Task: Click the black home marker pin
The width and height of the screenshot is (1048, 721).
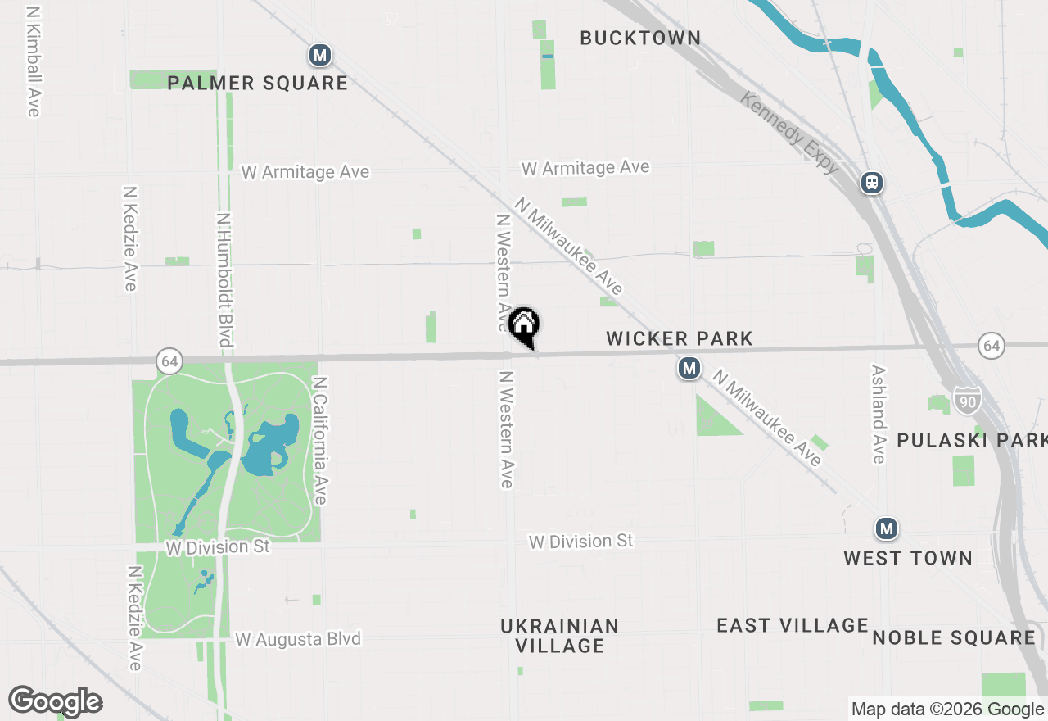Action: [524, 326]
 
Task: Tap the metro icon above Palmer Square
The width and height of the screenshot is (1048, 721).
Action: [320, 57]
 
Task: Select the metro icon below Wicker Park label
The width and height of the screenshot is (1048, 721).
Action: [689, 369]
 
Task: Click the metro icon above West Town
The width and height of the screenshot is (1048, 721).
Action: [886, 528]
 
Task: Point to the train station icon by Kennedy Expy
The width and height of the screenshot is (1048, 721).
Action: [872, 182]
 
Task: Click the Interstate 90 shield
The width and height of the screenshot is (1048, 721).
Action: [966, 401]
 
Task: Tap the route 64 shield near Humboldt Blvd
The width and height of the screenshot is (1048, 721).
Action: [169, 360]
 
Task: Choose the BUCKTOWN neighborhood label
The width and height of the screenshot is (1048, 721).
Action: [640, 38]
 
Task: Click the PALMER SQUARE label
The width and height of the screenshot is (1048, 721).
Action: [258, 83]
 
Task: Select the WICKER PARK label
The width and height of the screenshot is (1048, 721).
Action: [680, 338]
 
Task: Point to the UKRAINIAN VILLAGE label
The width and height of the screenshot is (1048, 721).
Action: [560, 636]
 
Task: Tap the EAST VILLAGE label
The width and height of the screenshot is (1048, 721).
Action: [792, 626]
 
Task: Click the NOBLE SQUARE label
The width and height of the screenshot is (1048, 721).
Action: [954, 637]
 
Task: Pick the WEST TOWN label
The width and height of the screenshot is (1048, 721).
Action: [908, 558]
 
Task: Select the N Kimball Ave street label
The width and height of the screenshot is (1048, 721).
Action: [34, 62]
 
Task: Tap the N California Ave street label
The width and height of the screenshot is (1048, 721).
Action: [320, 441]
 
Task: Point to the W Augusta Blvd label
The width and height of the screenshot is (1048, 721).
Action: [298, 639]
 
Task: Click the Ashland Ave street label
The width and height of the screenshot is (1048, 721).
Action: [879, 414]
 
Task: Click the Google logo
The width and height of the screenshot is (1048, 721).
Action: [56, 701]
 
